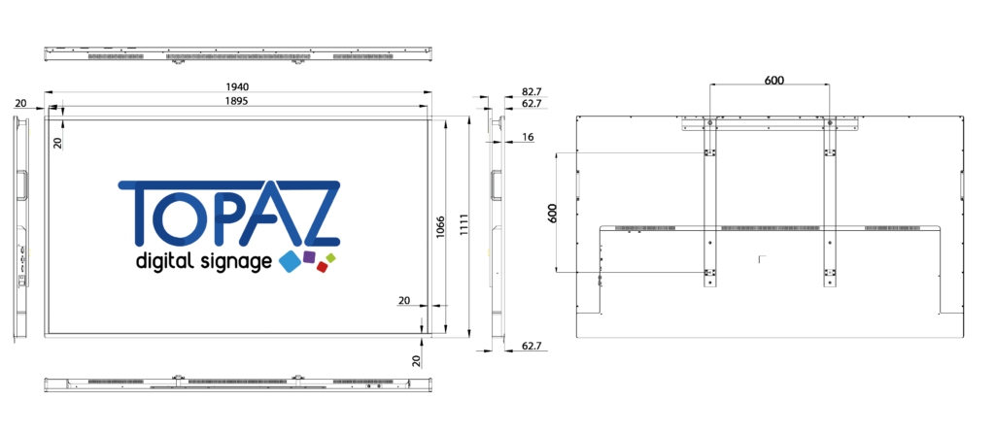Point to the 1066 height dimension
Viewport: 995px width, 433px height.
click(x=440, y=228)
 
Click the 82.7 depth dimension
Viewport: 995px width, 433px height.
click(x=531, y=92)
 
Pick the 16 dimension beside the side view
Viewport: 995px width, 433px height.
click(x=528, y=136)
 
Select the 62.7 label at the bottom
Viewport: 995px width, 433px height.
click(x=532, y=347)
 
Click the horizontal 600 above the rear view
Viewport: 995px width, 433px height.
click(x=773, y=80)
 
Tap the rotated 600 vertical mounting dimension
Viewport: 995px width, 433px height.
click(x=552, y=213)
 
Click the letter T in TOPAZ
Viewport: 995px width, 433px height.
click(x=140, y=213)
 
